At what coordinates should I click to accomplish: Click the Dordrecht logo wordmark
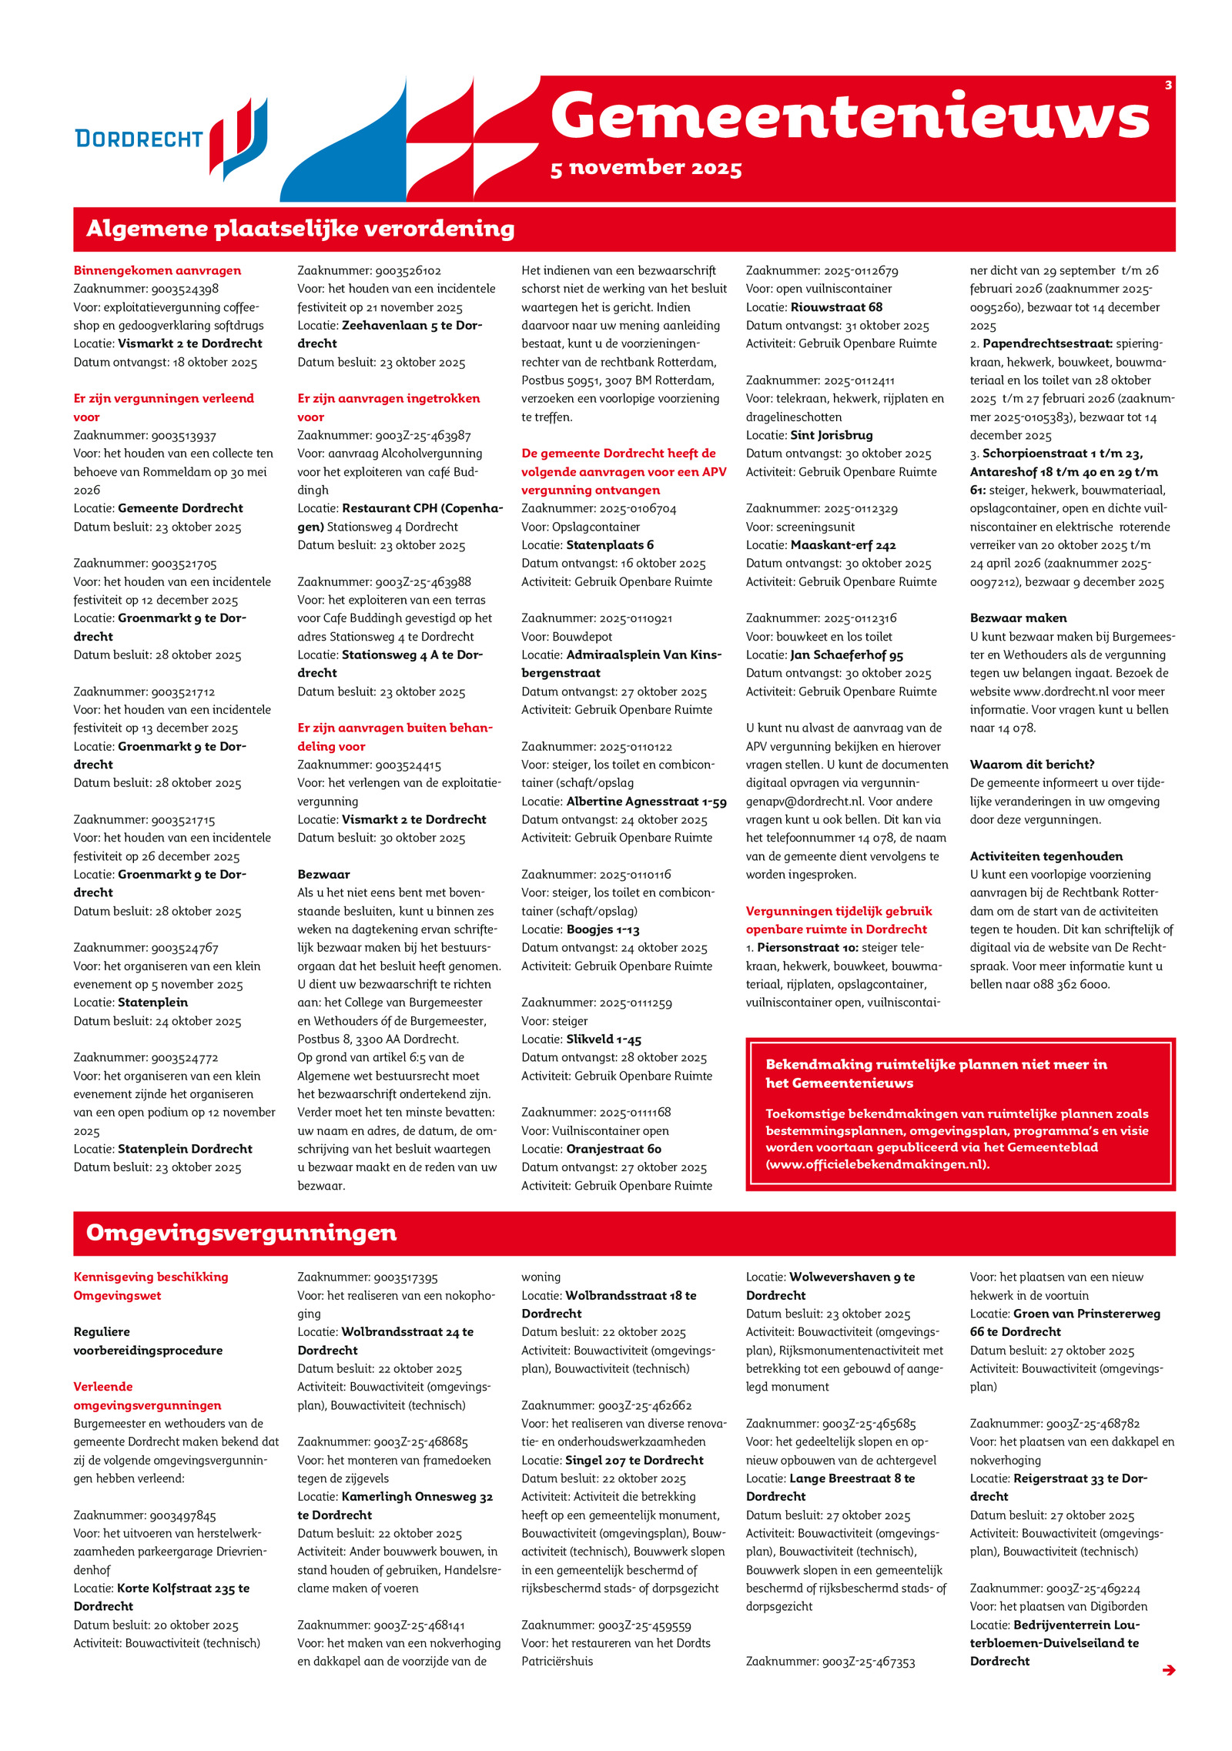pos(139,139)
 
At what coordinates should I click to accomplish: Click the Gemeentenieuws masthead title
pos(849,116)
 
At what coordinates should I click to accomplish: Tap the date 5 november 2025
pos(645,168)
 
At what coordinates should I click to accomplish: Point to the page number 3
pos(1167,85)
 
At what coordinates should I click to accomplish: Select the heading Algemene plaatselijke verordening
pos(300,229)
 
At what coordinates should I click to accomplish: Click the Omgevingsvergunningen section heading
pos(241,1233)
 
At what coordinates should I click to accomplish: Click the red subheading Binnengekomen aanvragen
pos(157,270)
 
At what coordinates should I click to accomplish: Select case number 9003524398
pos(185,289)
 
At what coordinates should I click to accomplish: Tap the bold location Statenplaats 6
pos(610,545)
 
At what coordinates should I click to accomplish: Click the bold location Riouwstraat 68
pos(836,307)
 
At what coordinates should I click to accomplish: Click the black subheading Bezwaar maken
pos(1018,618)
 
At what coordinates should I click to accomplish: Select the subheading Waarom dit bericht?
pos(1032,765)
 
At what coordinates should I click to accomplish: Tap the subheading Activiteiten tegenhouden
pos(1046,856)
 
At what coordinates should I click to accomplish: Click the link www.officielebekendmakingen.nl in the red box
pos(877,1163)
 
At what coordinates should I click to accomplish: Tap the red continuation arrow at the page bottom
pos(1168,1669)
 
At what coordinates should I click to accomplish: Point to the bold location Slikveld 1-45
pos(604,1040)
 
